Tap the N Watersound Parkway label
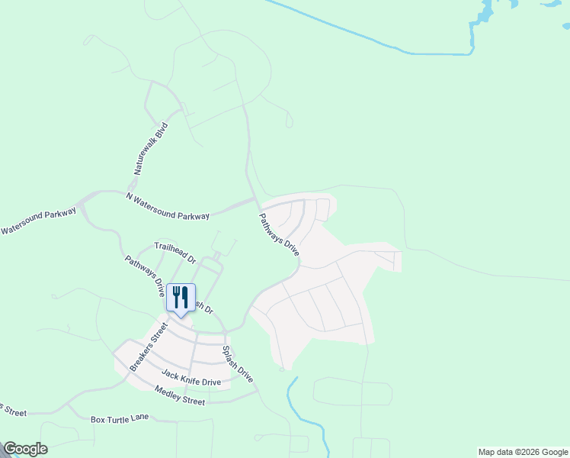pyautogui.click(x=168, y=206)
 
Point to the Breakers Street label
pyautogui.click(x=148, y=347)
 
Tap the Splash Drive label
pyautogui.click(x=237, y=365)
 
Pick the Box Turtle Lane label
pyautogui.click(x=119, y=419)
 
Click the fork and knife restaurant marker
pyautogui.click(x=181, y=298)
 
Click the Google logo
pyautogui.click(x=25, y=449)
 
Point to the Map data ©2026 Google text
pyautogui.click(x=523, y=452)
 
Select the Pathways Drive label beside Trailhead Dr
pyautogui.click(x=145, y=275)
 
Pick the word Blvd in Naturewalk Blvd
pyautogui.click(x=161, y=129)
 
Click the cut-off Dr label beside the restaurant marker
pyautogui.click(x=201, y=308)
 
